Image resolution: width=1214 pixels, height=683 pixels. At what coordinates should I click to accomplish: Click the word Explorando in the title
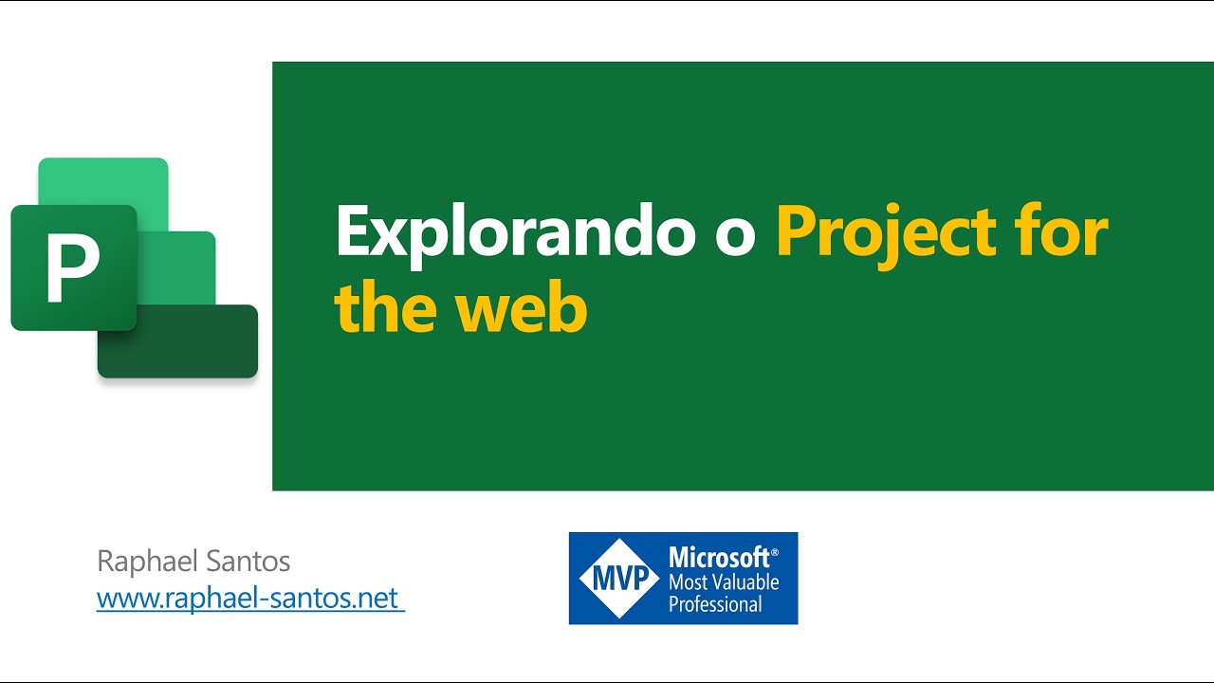coord(516,232)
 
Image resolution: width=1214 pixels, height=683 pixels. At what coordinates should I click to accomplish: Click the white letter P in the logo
coord(72,268)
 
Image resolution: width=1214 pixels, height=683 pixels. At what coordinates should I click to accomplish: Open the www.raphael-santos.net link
coord(249,600)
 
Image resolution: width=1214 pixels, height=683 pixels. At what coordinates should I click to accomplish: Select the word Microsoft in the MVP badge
coord(719,558)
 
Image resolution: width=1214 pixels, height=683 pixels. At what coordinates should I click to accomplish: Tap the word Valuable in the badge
coord(741,581)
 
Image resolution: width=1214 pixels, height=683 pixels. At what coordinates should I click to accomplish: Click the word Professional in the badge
coord(715,603)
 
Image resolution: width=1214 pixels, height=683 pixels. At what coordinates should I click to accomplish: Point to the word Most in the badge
coord(685,581)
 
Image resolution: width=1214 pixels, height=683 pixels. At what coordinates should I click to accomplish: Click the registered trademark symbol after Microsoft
coord(775,551)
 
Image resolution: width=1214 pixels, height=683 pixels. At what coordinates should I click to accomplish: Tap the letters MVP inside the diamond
coord(618,578)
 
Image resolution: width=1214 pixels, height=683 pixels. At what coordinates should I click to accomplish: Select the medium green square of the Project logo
coord(180,266)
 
